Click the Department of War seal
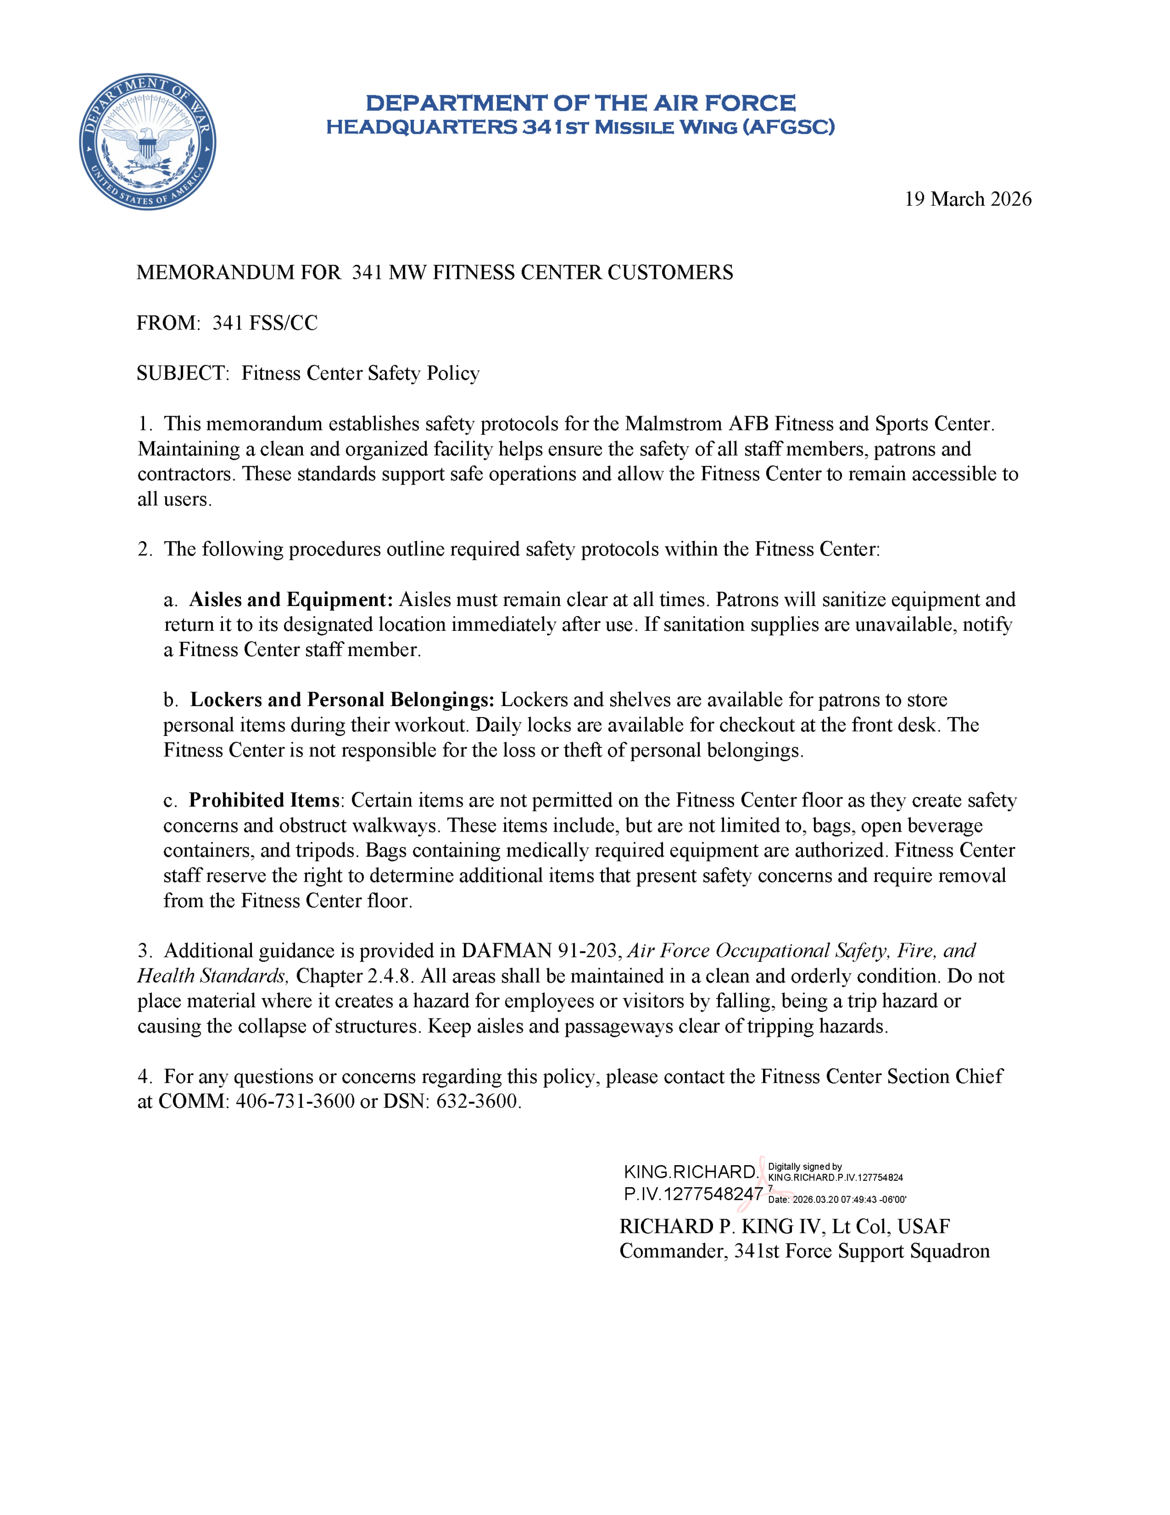coord(147,142)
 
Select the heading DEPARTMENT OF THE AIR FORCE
coord(581,103)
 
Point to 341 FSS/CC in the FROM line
coord(265,324)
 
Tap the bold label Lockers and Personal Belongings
coord(342,700)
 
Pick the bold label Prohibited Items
coord(264,801)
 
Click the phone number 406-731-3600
coord(296,1102)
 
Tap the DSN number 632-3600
coord(477,1102)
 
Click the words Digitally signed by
coord(805,1167)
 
